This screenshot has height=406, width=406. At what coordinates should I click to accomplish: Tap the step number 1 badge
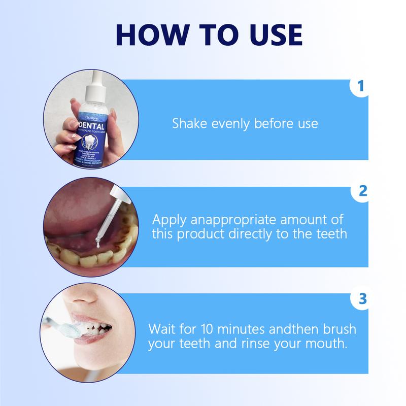coord(361,86)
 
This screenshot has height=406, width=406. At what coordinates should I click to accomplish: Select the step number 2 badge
coord(361,192)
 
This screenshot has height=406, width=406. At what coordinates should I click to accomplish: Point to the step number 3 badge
coord(361,298)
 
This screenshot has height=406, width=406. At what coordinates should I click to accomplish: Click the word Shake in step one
coord(189,123)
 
